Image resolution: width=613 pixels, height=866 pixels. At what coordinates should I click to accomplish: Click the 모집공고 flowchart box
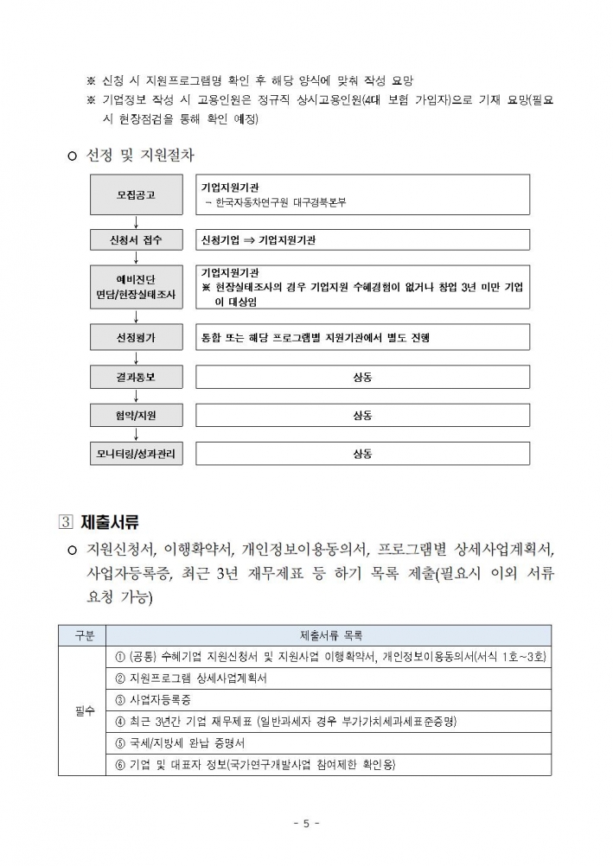coord(137,194)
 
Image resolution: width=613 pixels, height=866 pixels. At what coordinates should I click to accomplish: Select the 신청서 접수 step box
coord(137,239)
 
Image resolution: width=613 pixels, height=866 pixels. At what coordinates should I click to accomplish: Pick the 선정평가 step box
coord(137,336)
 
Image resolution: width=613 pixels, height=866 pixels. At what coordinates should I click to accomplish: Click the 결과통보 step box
coord(137,377)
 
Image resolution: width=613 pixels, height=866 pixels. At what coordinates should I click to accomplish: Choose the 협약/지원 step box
coord(137,416)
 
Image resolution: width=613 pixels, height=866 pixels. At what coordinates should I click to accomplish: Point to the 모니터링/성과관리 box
coord(137,454)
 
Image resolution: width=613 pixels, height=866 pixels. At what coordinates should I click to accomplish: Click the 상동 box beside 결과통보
coord(362,377)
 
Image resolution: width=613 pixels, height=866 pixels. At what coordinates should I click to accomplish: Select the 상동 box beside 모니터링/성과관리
coord(362,454)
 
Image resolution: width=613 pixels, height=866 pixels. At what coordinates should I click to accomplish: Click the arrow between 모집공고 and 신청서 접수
coord(137,221)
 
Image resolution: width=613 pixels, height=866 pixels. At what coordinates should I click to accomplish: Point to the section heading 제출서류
coord(110,522)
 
